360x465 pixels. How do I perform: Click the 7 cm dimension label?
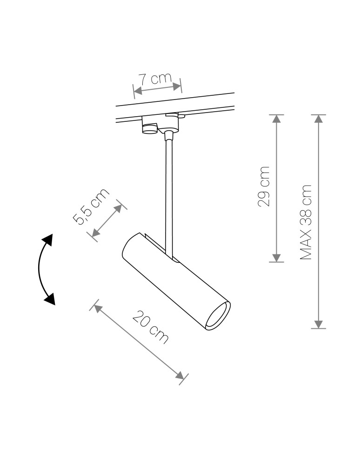pos(154,78)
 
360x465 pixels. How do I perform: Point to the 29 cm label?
pos(264,186)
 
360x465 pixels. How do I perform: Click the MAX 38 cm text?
pos(306,222)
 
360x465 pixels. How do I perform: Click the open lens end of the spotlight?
pos(217,315)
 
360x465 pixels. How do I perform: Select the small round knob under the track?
pos(150,127)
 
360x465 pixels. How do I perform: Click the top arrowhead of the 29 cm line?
pos(277,119)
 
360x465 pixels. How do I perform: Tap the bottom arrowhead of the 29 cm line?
pos(277,258)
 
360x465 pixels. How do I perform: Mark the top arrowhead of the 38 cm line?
pos(319,119)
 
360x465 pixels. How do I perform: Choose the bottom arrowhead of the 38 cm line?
pos(319,324)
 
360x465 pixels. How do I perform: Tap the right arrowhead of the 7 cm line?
pos(176,86)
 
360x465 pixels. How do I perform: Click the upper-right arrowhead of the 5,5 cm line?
pos(118,207)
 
